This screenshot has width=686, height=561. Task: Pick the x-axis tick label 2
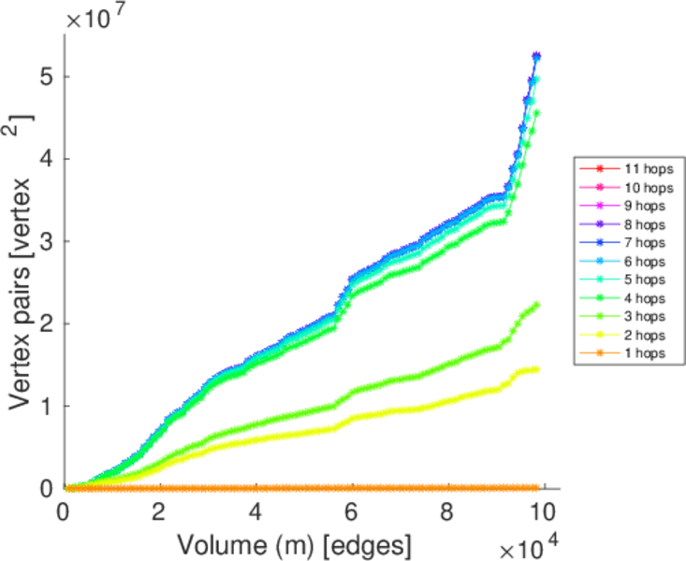[160, 513]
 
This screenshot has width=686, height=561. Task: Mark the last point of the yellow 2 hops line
[536, 369]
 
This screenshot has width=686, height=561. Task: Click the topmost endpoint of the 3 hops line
[536, 305]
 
